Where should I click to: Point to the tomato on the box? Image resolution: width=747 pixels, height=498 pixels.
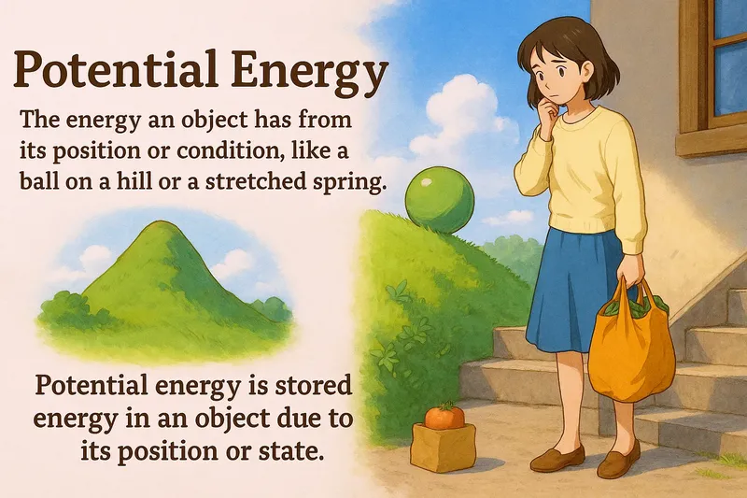pyautogui.click(x=444, y=417)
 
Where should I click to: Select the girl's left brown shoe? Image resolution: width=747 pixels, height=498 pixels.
pyautogui.click(x=557, y=457)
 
